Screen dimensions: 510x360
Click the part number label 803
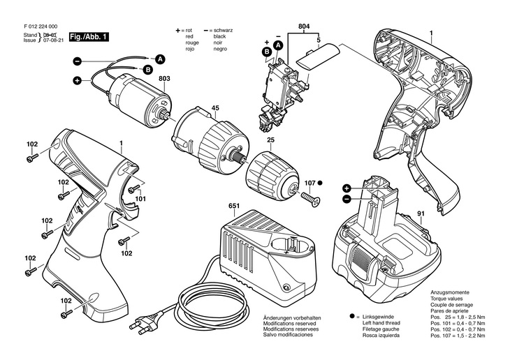(x=164, y=79)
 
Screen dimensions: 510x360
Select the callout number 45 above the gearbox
(x=215, y=108)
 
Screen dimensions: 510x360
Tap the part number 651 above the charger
(x=234, y=206)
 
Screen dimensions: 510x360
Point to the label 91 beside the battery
(x=421, y=213)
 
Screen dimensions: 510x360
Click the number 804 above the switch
(x=304, y=27)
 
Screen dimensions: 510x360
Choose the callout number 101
(x=140, y=199)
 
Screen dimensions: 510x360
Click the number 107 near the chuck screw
(x=309, y=183)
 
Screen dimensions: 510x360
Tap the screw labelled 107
(x=311, y=198)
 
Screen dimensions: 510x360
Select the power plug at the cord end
(x=143, y=326)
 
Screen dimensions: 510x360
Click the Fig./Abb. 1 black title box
(x=89, y=37)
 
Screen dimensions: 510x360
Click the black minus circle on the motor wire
(x=77, y=61)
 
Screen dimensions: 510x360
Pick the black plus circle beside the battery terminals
(x=347, y=188)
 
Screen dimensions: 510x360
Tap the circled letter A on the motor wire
(x=160, y=59)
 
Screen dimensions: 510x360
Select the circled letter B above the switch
(x=266, y=52)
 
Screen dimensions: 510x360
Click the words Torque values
(x=446, y=299)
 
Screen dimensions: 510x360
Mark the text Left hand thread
(x=381, y=323)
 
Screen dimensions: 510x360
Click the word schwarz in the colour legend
(x=223, y=30)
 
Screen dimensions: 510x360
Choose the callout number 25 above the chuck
(x=270, y=140)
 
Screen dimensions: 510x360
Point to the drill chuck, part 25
(x=272, y=176)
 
